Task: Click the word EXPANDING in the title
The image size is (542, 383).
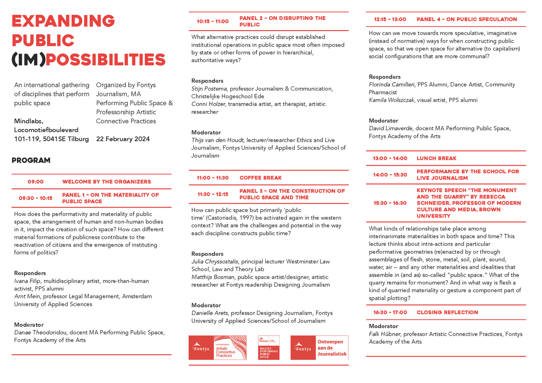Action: coord(63,21)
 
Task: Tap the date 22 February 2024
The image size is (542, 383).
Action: coord(123,139)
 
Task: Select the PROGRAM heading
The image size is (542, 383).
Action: coord(31,160)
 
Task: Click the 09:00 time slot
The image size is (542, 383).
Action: coord(35,182)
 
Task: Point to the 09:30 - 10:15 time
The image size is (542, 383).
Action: coord(35,198)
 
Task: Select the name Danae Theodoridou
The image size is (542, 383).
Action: coord(40,333)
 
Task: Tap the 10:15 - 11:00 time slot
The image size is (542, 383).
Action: coord(212,21)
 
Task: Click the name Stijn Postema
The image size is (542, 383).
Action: coord(209,89)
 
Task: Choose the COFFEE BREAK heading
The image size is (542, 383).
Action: coord(260,178)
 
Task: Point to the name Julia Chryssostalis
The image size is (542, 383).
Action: coord(215,262)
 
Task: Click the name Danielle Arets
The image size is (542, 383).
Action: coord(209,313)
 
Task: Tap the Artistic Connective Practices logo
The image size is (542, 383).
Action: coord(218,348)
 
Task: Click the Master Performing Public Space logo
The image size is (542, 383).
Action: coord(269,348)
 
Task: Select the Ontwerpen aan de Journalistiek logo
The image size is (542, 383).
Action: coord(319,348)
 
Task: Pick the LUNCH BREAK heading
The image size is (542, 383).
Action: coord(436,159)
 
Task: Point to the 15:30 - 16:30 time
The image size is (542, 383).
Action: coord(390,203)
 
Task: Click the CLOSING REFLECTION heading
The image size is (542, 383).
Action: coord(447,313)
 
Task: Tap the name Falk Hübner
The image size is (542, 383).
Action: coord(385,334)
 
